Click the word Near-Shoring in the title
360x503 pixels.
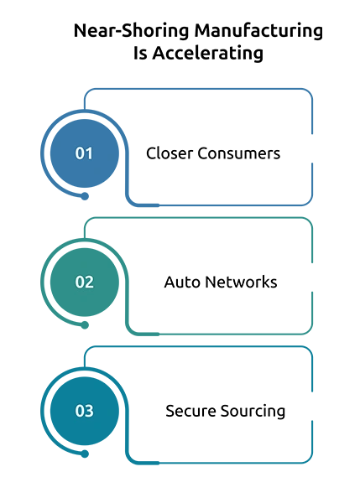pyautogui.click(x=131, y=31)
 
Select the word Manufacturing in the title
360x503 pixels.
pyautogui.click(x=258, y=31)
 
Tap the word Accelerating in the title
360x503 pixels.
pyautogui.click(x=208, y=53)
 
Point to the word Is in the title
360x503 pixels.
pyautogui.click(x=140, y=53)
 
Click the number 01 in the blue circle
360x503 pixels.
pyautogui.click(x=84, y=153)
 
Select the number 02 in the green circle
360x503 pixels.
pyautogui.click(x=84, y=282)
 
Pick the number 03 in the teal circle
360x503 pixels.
pyautogui.click(x=84, y=411)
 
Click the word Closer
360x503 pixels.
pyautogui.click(x=170, y=153)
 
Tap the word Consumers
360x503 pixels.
pyautogui.click(x=238, y=153)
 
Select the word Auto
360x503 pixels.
pyautogui.click(x=182, y=283)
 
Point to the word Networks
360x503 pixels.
pyautogui.click(x=241, y=282)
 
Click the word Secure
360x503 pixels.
pyautogui.click(x=190, y=411)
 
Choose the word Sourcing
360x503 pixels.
pyautogui.click(x=253, y=412)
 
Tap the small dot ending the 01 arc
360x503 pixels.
pyautogui.click(x=85, y=196)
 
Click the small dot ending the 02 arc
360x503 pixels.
pyautogui.click(x=85, y=325)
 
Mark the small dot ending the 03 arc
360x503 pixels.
pyautogui.click(x=85, y=454)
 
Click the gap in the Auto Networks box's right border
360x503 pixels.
pyautogui.click(x=312, y=277)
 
